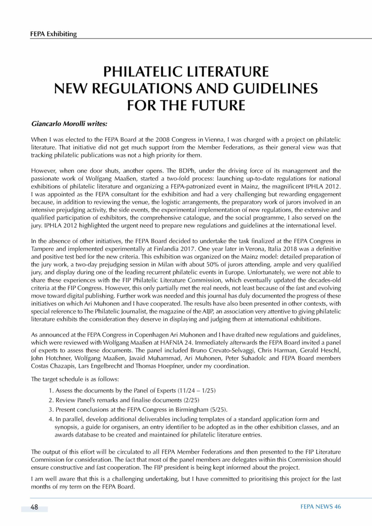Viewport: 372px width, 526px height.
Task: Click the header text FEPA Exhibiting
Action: [54, 34]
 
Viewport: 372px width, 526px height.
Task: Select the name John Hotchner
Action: [46, 359]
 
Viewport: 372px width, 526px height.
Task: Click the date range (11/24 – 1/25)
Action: [197, 391]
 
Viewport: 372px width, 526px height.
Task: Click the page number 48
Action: [35, 507]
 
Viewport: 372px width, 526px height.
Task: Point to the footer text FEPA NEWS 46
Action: [321, 507]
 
